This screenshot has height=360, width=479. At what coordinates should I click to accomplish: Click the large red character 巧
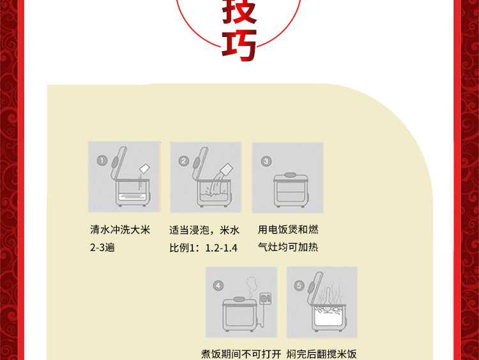(x=239, y=45)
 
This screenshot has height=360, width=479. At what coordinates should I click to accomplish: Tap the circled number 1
(x=102, y=160)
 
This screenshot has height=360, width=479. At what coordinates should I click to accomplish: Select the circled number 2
(x=183, y=161)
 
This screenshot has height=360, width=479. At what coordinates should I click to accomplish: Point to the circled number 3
(x=266, y=161)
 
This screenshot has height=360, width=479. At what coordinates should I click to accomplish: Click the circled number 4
(x=218, y=286)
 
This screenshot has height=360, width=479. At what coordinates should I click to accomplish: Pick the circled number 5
(x=299, y=285)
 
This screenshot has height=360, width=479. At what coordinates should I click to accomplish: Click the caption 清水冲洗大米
(x=120, y=230)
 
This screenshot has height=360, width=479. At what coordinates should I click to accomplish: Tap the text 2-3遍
(x=102, y=247)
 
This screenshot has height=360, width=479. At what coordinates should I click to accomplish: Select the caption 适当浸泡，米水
(x=204, y=230)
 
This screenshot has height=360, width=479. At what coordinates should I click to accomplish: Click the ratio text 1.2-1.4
(x=221, y=248)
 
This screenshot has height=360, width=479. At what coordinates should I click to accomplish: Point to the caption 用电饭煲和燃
(x=288, y=230)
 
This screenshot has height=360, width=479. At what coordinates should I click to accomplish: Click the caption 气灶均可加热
(x=288, y=247)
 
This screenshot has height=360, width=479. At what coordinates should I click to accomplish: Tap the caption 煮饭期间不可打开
(x=241, y=354)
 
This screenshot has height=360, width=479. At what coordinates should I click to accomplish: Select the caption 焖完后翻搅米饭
(x=322, y=354)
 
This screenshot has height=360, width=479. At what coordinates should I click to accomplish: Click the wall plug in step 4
(x=265, y=298)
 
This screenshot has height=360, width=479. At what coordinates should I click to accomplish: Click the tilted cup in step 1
(x=144, y=169)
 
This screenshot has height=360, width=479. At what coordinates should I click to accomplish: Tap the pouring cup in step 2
(x=226, y=169)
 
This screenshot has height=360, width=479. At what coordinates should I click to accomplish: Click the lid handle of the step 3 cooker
(x=290, y=175)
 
